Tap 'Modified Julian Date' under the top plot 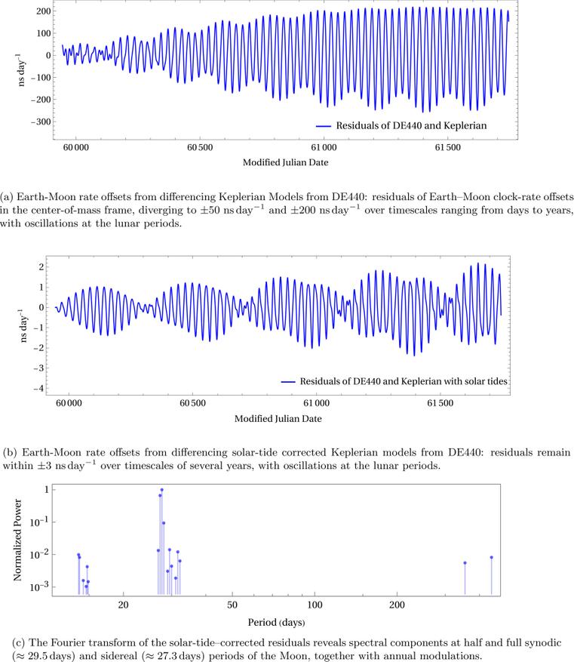pos(285,162)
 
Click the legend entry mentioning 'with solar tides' pos(404,382)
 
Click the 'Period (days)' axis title pos(276,623)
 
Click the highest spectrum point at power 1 pos(161,490)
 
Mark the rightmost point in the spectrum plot pos(491,557)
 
